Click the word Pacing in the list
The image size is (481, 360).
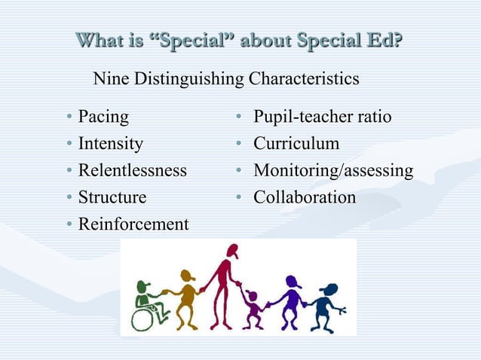pos(103,117)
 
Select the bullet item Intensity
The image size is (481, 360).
pos(110,144)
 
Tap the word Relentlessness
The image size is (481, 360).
pos(132,170)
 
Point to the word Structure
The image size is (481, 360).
pos(112,197)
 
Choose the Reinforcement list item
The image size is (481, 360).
pos(133,224)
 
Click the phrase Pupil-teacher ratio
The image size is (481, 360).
pos(322,117)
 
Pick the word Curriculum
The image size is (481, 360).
pos(296,144)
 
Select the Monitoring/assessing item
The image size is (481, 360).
pos(332,171)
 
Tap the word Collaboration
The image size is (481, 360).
pos(304,197)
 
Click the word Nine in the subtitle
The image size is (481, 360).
pos(110,78)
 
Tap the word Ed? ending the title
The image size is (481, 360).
pos(384,39)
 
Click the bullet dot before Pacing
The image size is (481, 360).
pos(69,118)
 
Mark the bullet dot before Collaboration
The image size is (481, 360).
pos(238,198)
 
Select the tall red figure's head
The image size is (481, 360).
pos(230,252)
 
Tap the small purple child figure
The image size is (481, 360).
pos(252,309)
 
